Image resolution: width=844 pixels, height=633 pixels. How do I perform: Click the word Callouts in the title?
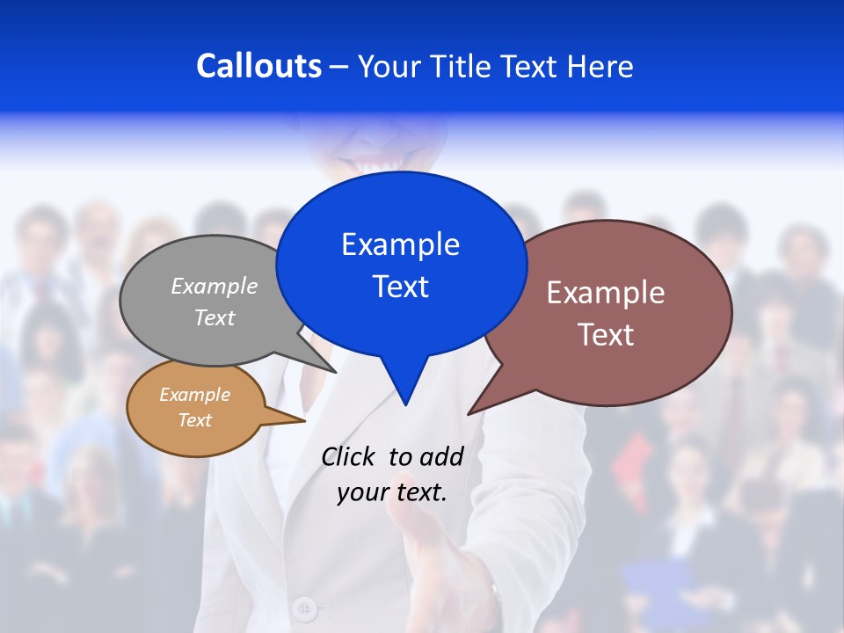click(258, 66)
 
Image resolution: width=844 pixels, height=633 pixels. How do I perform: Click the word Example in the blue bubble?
click(400, 244)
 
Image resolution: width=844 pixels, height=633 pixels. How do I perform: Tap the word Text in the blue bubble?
click(400, 287)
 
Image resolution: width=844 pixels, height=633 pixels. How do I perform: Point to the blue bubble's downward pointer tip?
click(405, 404)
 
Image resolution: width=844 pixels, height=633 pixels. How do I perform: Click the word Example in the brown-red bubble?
click(606, 293)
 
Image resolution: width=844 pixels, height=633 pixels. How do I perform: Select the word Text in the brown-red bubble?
click(606, 335)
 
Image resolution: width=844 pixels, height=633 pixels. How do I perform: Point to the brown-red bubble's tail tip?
click(470, 412)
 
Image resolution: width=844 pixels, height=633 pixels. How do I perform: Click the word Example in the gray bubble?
click(215, 286)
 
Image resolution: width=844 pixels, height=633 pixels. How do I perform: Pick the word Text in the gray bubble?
click(215, 317)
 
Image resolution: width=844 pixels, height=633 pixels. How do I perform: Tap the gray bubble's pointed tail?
click(333, 370)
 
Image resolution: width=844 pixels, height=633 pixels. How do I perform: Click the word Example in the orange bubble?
click(194, 395)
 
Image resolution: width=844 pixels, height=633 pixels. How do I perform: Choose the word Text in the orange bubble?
click(194, 420)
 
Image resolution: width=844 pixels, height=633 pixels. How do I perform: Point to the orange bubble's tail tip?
click(303, 421)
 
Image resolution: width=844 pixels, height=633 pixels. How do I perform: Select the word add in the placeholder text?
click(440, 456)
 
